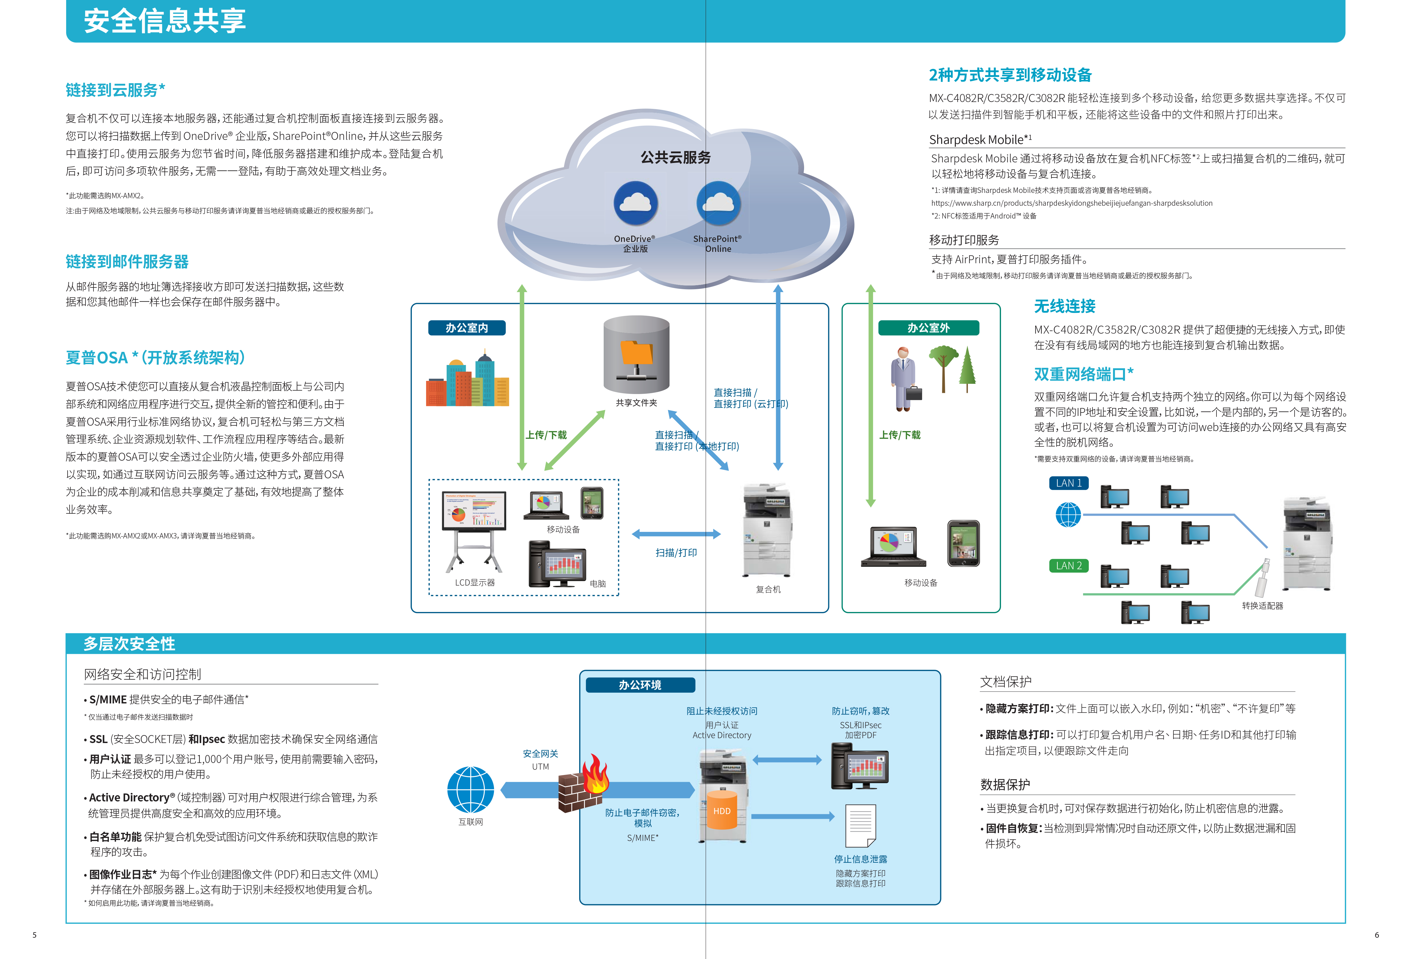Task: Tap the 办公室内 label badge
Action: point(467,328)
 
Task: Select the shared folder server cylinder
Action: point(636,354)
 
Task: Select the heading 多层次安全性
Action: point(129,643)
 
